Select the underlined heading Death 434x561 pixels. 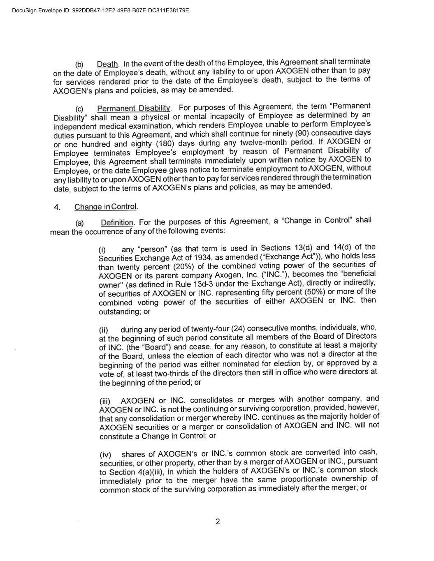point(107,64)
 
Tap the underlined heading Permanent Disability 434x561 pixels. point(134,109)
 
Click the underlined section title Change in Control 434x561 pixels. point(106,207)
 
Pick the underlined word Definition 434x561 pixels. point(117,223)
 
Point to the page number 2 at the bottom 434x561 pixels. point(218,522)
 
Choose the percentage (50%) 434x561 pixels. point(315,292)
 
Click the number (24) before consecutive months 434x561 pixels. point(238,328)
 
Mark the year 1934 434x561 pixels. point(203,257)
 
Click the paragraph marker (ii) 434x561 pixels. point(104,330)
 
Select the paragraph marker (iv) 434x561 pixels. point(105,455)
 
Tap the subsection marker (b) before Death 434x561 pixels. point(79,65)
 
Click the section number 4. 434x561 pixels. point(57,207)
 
